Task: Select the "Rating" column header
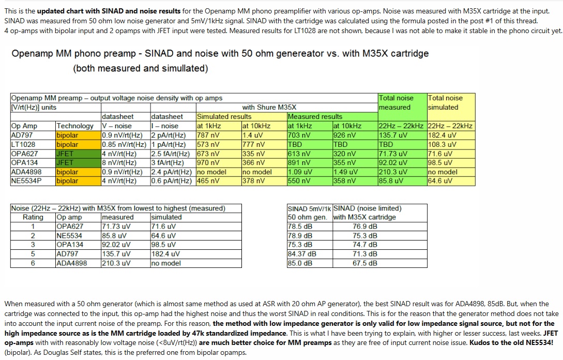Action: [33, 217]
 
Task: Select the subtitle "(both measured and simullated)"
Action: [141, 69]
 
